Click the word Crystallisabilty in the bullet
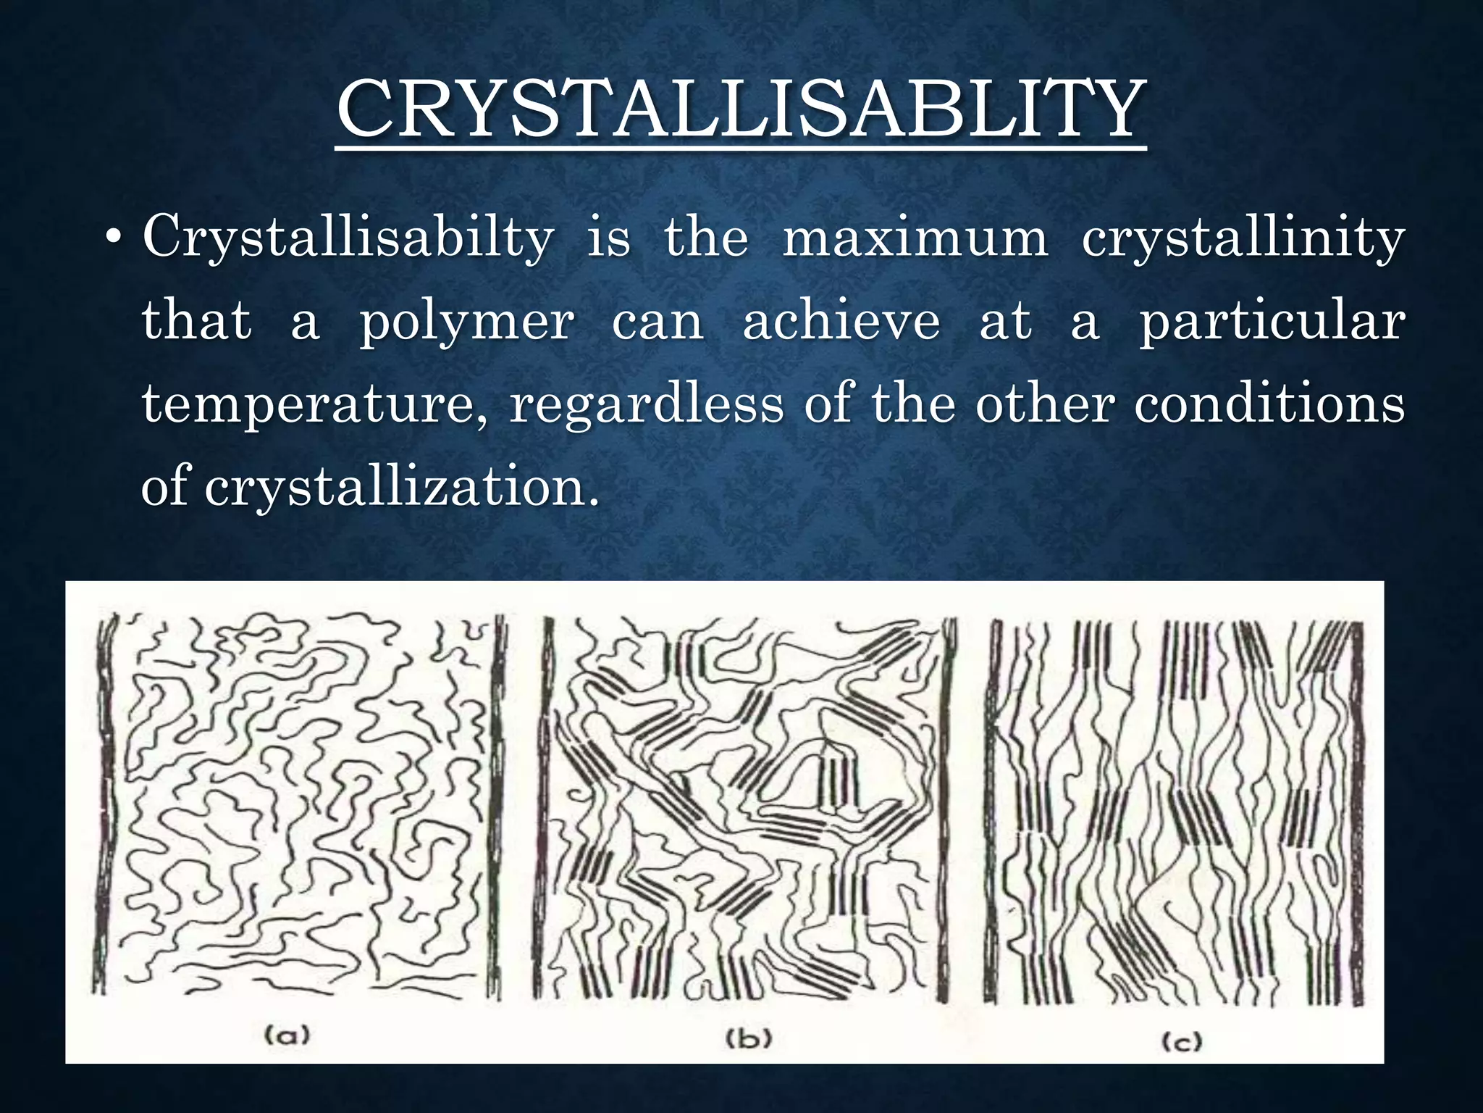click(x=348, y=238)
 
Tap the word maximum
click(x=915, y=238)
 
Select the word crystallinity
click(x=1243, y=238)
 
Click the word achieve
click(x=841, y=320)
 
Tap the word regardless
click(x=647, y=404)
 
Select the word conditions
click(x=1269, y=403)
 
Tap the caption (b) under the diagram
click(x=749, y=1038)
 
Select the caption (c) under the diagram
click(x=1182, y=1042)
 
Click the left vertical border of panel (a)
click(x=103, y=804)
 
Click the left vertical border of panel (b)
click(x=546, y=804)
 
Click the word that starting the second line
click(x=196, y=320)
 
